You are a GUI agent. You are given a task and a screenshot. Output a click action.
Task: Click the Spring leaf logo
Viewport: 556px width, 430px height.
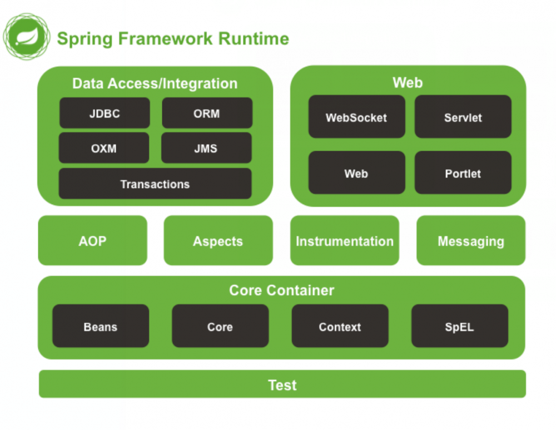[26, 37]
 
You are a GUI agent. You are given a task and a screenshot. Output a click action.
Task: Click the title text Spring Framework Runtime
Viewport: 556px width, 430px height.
[173, 39]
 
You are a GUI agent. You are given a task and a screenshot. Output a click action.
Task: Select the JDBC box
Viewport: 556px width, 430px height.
[105, 113]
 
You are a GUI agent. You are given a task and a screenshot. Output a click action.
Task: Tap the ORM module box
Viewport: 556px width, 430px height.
[207, 113]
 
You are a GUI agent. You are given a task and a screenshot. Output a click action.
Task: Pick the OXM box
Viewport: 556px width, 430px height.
[104, 149]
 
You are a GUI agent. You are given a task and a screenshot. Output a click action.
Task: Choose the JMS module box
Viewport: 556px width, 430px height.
[206, 149]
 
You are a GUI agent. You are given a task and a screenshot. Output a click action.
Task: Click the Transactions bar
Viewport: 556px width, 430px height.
[155, 184]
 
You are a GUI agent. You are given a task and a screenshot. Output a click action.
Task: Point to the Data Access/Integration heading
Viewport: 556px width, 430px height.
[155, 83]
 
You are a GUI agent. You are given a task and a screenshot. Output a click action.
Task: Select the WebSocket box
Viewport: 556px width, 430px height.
[356, 117]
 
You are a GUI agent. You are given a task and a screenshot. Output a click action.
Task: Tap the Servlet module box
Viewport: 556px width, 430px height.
[463, 117]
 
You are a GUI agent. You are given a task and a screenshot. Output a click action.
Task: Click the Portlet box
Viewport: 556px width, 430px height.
[463, 174]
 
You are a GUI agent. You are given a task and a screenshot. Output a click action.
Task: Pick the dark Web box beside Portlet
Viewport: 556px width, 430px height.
[356, 174]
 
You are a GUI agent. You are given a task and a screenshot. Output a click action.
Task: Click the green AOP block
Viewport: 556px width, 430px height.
[92, 241]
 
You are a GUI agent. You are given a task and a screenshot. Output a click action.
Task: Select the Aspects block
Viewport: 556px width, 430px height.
[218, 241]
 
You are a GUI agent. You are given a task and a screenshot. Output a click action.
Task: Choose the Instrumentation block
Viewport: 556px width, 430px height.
[345, 241]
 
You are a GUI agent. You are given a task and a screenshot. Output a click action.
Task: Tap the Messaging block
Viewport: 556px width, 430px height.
[471, 241]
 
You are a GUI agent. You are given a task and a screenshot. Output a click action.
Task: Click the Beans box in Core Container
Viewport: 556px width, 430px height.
[101, 327]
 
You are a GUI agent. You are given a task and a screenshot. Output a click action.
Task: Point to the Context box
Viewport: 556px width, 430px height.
[340, 327]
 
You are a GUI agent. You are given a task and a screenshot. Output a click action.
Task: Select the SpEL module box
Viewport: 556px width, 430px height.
[459, 327]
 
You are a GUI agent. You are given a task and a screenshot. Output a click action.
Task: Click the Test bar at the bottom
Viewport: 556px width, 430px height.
[282, 384]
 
